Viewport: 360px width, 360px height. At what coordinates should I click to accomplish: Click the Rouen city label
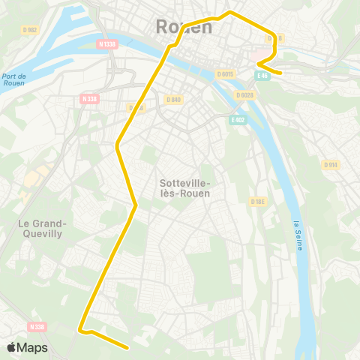(x=184, y=27)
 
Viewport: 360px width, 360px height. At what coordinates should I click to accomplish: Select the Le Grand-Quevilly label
(x=43, y=228)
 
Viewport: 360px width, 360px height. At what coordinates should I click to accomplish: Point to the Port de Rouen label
(x=13, y=79)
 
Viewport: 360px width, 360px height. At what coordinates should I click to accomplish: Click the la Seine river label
(x=298, y=235)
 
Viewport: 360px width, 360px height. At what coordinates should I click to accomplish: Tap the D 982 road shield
(x=30, y=29)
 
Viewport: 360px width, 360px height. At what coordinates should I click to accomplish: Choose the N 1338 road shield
(x=107, y=44)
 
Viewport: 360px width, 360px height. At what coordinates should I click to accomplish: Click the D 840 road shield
(x=172, y=100)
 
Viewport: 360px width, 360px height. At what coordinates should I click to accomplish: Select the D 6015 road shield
(x=226, y=73)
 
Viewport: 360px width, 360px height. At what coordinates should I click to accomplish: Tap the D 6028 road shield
(x=244, y=95)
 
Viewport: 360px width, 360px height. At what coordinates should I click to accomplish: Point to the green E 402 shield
(x=237, y=120)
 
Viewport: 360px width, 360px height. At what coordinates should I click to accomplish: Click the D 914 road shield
(x=331, y=164)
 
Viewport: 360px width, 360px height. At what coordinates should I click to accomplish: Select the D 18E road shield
(x=259, y=202)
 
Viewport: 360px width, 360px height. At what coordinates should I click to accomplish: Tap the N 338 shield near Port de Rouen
(x=89, y=98)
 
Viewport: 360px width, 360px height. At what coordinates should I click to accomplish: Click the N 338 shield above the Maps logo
(x=36, y=326)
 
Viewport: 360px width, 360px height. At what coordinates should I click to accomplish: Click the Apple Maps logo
(x=27, y=347)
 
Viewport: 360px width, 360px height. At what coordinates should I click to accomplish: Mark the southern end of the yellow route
(x=130, y=348)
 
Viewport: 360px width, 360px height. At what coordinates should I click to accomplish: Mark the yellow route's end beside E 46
(x=280, y=73)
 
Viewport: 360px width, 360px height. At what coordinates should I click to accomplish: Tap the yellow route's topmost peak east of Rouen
(x=230, y=12)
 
